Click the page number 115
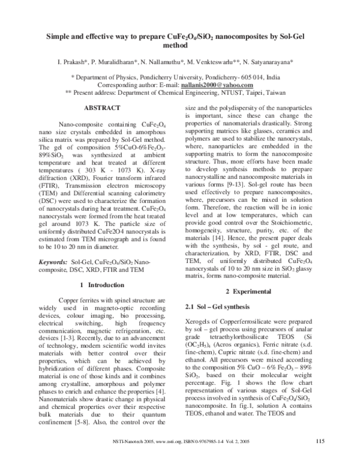click(320, 443)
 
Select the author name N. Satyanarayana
click(266, 62)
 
